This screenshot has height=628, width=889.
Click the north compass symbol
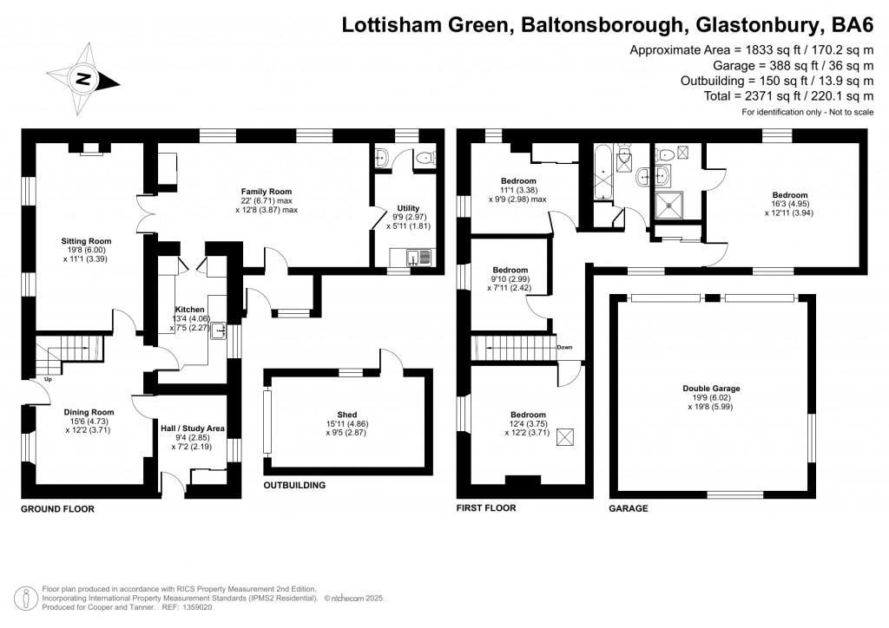click(x=84, y=79)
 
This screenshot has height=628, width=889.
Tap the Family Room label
click(x=267, y=192)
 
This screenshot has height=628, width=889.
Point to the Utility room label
click(x=408, y=209)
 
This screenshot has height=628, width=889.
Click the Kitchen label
click(x=189, y=309)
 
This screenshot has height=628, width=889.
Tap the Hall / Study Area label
click(x=193, y=428)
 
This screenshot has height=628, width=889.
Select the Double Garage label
click(x=711, y=389)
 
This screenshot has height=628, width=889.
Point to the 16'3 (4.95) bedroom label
click(x=790, y=195)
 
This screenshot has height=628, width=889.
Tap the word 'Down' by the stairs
click(x=564, y=347)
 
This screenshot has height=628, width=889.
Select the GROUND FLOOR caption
click(x=57, y=509)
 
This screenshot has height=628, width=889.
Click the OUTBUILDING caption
click(x=294, y=486)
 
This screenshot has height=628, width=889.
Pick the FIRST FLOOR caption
click(x=486, y=508)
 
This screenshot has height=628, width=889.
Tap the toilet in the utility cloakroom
click(x=423, y=158)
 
